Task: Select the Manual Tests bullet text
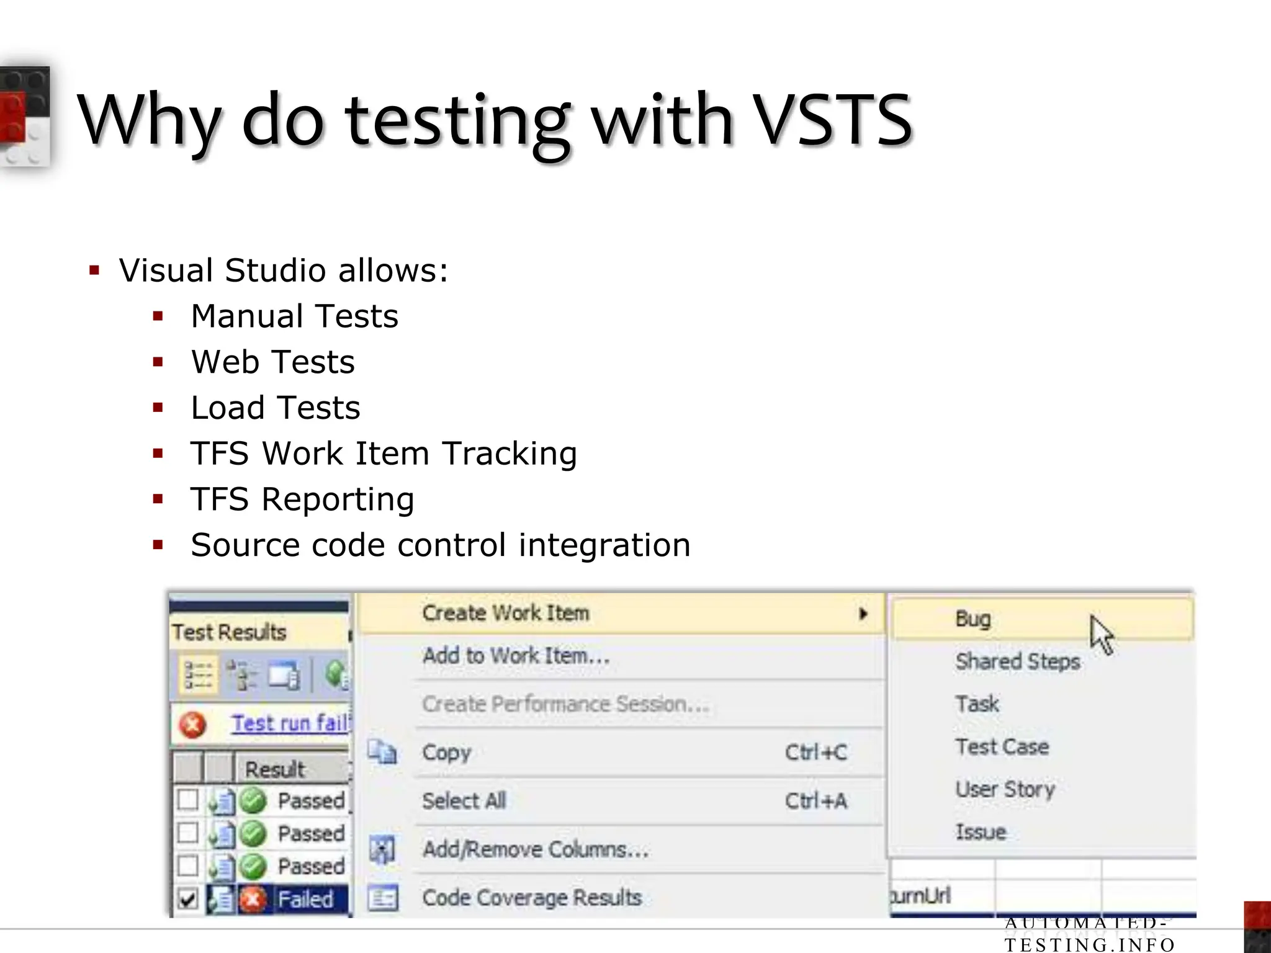point(294,316)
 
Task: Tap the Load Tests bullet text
point(275,408)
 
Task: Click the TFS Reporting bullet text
point(302,499)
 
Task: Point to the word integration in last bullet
point(604,545)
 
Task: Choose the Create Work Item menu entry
point(505,613)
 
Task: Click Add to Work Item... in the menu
point(516,656)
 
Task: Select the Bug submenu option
point(972,619)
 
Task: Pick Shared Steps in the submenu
point(1017,661)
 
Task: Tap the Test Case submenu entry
point(1002,746)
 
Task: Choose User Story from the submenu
point(1005,789)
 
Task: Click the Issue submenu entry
point(981,832)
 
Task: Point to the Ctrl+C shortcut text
point(815,753)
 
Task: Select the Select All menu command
point(464,801)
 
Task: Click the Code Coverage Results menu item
point(532,898)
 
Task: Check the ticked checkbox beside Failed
point(187,898)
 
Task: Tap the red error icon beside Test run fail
point(192,725)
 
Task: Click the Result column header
point(274,769)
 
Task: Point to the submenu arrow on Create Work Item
point(863,614)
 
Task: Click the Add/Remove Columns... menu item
point(535,849)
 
